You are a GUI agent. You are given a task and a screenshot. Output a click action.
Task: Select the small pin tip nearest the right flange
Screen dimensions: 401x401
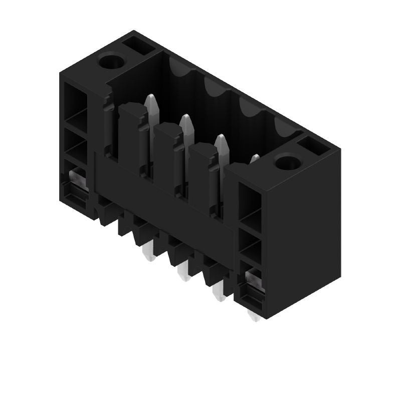(255, 159)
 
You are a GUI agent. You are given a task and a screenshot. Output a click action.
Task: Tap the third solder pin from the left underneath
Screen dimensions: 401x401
(219, 293)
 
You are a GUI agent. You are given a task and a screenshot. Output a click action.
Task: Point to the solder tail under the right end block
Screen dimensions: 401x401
(255, 316)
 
